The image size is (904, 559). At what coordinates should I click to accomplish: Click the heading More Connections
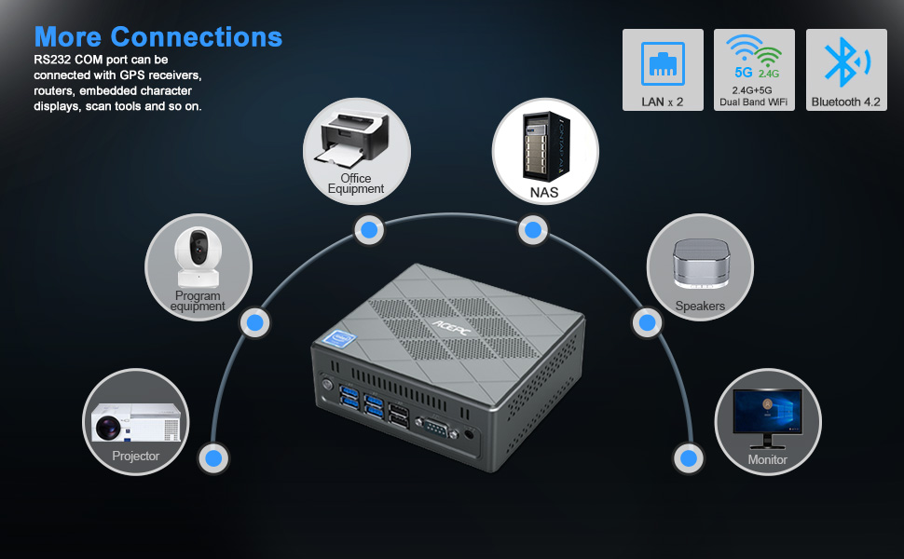[x=158, y=36]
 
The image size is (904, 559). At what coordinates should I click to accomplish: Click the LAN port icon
[x=662, y=63]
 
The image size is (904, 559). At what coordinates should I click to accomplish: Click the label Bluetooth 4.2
[x=846, y=102]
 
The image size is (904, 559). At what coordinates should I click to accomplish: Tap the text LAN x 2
[x=662, y=102]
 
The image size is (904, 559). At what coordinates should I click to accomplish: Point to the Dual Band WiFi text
[x=754, y=102]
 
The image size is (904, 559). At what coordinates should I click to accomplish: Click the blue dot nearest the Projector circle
[x=213, y=457]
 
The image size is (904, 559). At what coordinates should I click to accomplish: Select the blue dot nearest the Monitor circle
[x=688, y=458]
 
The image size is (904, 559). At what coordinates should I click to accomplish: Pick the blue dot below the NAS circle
[x=531, y=229]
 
